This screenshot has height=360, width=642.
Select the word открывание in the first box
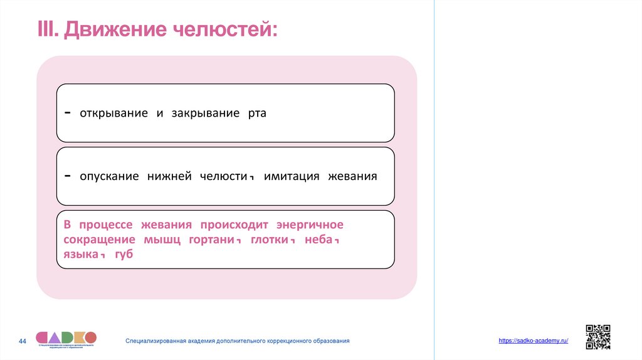pyautogui.click(x=113, y=114)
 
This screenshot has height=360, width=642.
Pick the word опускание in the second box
pyautogui.click(x=109, y=176)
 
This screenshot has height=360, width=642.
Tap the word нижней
pyautogui.click(x=169, y=176)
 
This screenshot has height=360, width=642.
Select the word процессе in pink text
pyautogui.click(x=110, y=225)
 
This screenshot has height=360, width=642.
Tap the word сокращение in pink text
pyautogui.click(x=99, y=240)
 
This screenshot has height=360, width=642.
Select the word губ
pyautogui.click(x=124, y=255)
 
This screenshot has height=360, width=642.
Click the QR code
pyautogui.click(x=597, y=337)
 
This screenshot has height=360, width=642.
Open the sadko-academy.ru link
pyautogui.click(x=533, y=340)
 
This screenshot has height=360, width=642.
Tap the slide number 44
pyautogui.click(x=23, y=341)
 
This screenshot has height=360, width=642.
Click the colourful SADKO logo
pyautogui.click(x=66, y=338)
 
